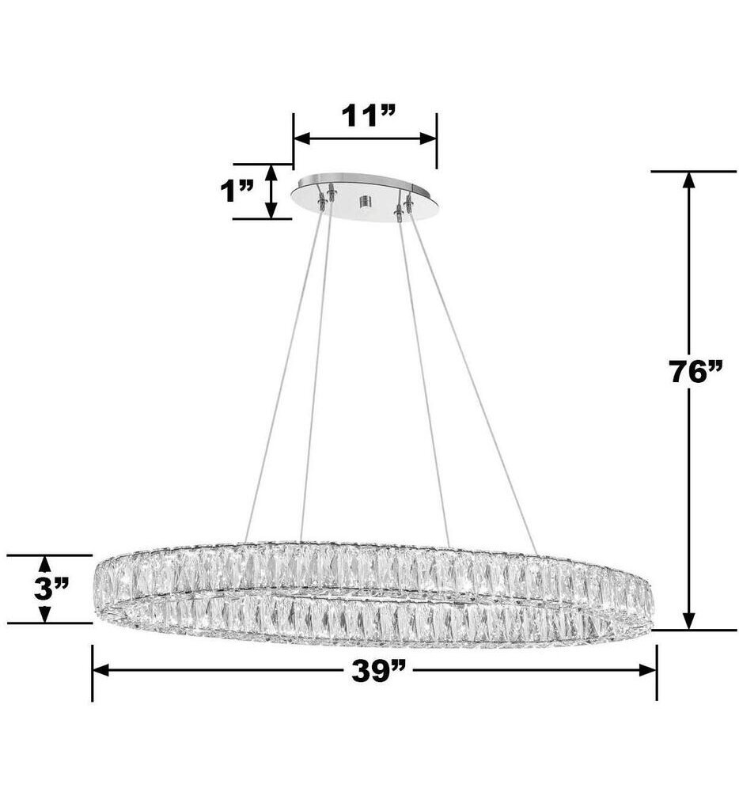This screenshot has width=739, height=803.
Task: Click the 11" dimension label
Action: [x=367, y=116]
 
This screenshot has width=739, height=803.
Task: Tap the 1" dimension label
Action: [x=236, y=191]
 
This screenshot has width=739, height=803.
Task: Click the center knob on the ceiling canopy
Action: [x=365, y=203]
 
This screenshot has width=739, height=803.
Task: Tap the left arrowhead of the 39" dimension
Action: [x=100, y=670]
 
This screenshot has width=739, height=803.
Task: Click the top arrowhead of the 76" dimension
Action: [x=688, y=180]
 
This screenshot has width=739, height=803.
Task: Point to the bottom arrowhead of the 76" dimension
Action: [x=688, y=622]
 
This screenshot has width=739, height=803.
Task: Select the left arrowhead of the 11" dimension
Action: [x=301, y=138]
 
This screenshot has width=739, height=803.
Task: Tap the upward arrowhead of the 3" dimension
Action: [x=45, y=563]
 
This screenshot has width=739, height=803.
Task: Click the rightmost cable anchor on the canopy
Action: [x=409, y=203]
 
